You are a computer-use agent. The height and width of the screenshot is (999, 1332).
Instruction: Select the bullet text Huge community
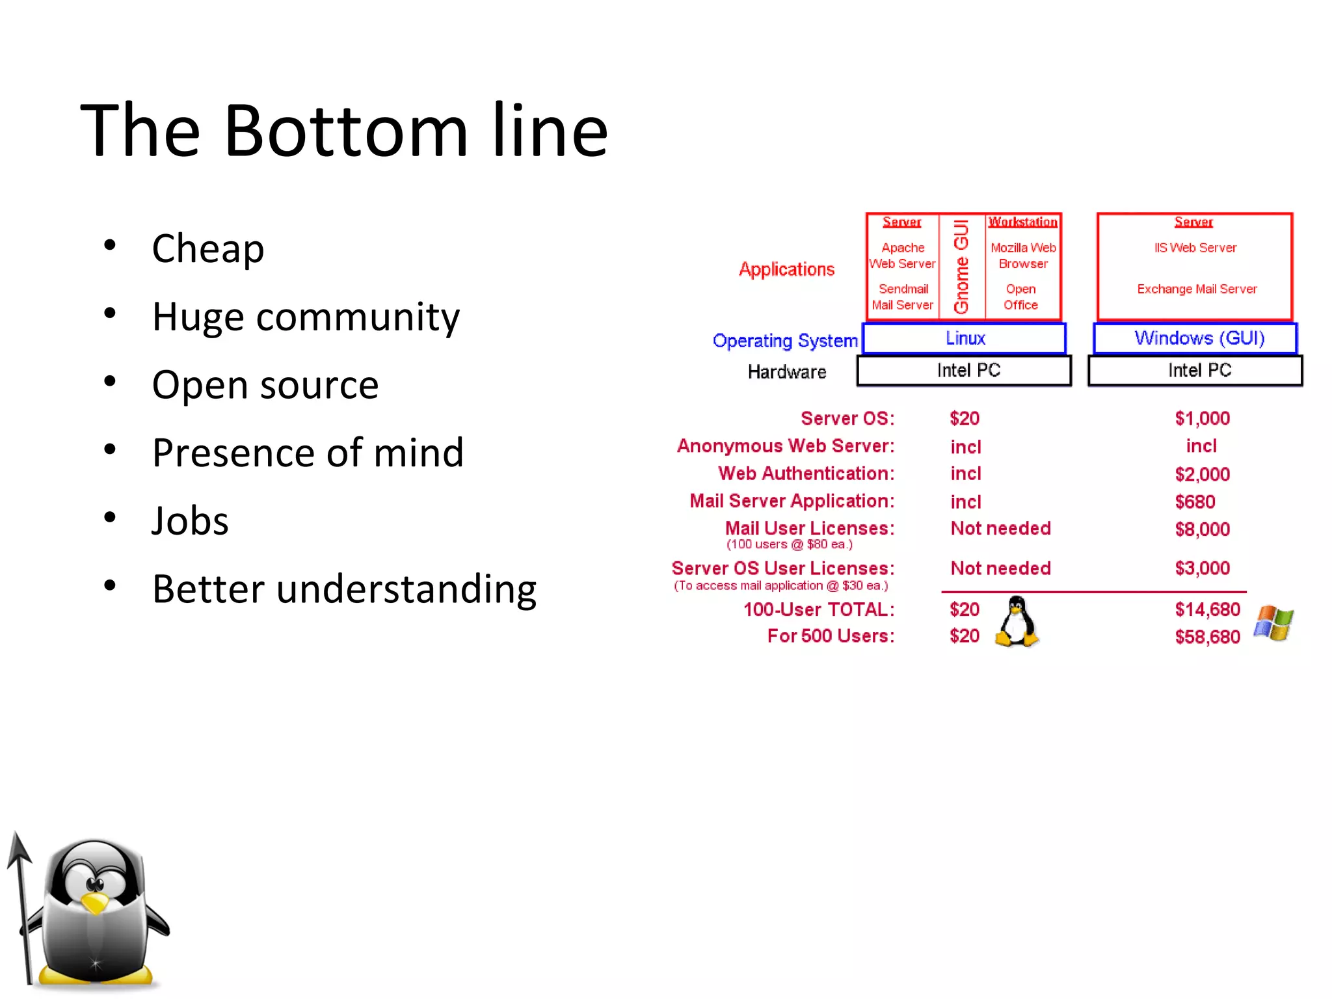click(x=306, y=317)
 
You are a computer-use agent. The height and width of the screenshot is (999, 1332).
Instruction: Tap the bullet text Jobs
click(x=190, y=521)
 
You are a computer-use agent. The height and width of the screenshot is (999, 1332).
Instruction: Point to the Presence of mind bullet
click(x=308, y=453)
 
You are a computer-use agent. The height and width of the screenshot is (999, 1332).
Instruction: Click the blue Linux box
click(x=965, y=338)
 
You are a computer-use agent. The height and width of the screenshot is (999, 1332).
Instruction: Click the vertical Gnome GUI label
click(x=961, y=266)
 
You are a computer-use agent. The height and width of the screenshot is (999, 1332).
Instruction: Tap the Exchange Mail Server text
click(x=1197, y=289)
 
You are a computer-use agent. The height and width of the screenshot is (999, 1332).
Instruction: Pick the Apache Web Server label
click(x=903, y=256)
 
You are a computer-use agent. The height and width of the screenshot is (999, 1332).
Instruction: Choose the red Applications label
click(x=786, y=269)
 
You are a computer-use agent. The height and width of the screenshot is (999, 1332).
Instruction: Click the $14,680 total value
click(x=1207, y=609)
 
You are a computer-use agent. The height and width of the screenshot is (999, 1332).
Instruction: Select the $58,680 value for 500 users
click(x=1207, y=637)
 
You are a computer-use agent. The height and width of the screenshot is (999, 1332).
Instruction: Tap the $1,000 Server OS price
click(x=1202, y=418)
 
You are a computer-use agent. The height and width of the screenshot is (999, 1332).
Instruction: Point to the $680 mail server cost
click(x=1195, y=501)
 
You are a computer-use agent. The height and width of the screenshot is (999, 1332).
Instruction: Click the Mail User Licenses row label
click(x=809, y=528)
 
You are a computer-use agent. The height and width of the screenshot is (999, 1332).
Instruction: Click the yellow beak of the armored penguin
click(x=96, y=903)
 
